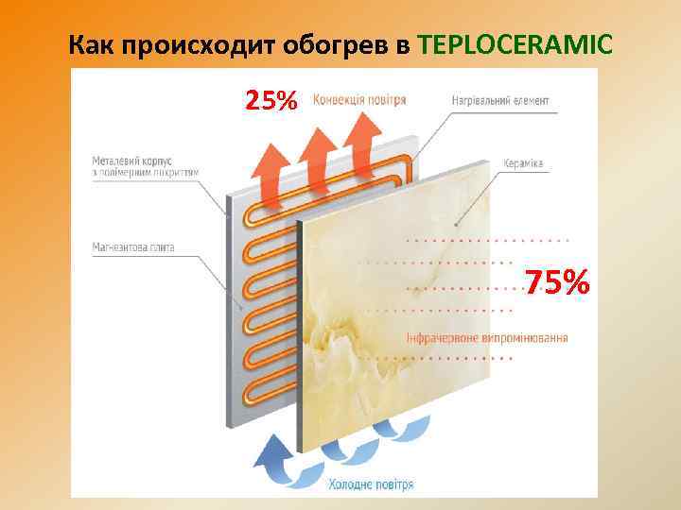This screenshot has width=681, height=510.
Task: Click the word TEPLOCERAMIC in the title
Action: coord(515,44)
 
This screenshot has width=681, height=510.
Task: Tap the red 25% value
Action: coord(271,100)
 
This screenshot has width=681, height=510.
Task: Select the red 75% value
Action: coord(558,281)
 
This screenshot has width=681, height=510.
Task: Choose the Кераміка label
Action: coord(523,164)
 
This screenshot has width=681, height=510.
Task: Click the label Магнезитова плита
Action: coord(133,247)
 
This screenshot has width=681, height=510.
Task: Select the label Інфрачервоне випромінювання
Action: coord(487,338)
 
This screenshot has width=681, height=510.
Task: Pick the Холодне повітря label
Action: coord(371,484)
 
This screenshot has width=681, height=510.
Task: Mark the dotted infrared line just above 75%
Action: coord(487,240)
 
